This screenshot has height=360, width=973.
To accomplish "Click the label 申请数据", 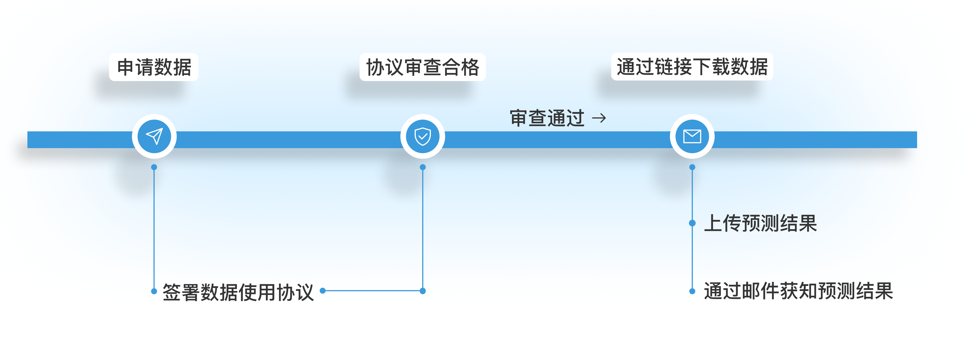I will tap(154, 67).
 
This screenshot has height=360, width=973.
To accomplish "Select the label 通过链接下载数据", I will tap(692, 67).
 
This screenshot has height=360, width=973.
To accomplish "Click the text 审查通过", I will tap(547, 118).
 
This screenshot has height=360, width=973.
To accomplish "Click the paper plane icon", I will tap(154, 136).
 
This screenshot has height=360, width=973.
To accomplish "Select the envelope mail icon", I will tap(692, 136).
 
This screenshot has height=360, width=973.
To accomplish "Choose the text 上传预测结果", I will tap(760, 223).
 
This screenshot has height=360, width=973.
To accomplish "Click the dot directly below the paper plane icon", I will tap(154, 167).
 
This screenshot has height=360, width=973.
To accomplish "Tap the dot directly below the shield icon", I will tap(423, 167).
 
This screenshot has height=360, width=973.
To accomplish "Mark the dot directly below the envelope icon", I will tap(692, 167).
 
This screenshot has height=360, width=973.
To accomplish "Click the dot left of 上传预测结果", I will tap(692, 223).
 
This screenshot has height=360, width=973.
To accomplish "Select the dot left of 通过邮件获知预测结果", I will tap(692, 291).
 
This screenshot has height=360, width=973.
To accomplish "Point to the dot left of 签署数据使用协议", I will tap(154, 291).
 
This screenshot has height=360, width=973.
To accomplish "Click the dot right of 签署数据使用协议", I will tap(323, 291).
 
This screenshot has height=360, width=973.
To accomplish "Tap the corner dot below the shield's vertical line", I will tap(423, 291).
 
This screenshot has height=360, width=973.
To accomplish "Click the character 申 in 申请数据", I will tap(126, 67).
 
